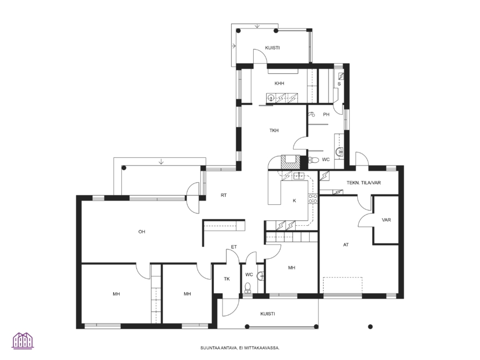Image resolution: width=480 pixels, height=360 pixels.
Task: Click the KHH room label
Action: (279, 84)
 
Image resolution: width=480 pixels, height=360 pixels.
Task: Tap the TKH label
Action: (274, 130)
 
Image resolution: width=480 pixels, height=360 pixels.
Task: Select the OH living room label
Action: (142, 232)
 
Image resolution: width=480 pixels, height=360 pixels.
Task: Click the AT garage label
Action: (346, 245)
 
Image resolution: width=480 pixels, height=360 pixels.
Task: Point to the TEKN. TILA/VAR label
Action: (364, 183)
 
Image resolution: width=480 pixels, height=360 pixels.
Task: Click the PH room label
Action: (326, 114)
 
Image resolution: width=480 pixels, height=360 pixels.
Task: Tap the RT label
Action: (224, 195)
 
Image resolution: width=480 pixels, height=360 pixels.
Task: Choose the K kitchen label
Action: (295, 201)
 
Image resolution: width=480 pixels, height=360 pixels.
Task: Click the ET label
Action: (234, 247)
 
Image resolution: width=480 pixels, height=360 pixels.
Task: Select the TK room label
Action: (226, 279)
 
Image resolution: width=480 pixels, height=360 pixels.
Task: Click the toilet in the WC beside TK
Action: (248, 287)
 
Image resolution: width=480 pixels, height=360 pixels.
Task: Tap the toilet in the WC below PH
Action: (314, 160)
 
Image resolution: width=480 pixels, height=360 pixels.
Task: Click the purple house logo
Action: (23, 341)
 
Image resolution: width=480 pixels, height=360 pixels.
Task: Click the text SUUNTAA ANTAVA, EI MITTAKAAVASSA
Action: (240, 348)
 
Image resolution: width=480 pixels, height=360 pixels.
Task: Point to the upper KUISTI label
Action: (272, 48)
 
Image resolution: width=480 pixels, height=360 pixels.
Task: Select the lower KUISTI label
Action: (268, 314)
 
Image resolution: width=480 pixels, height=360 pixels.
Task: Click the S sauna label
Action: (339, 84)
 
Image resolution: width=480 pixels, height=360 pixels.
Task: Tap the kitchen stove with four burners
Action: (312, 199)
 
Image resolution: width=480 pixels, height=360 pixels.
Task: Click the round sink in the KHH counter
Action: (270, 98)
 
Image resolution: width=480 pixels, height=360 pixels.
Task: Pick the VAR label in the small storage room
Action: (386, 220)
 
